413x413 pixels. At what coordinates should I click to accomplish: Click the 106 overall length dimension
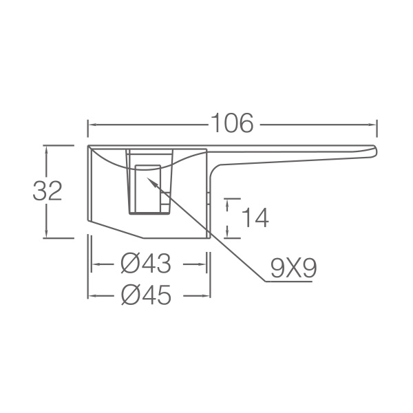(232, 123)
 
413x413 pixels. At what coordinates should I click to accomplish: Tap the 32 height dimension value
(47, 191)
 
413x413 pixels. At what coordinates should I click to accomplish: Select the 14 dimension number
(255, 218)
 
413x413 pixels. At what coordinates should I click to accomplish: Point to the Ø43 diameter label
(146, 264)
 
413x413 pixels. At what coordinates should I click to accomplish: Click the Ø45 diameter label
(146, 295)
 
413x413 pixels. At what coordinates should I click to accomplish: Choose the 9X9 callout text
(293, 268)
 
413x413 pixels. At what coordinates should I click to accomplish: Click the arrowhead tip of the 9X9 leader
(147, 178)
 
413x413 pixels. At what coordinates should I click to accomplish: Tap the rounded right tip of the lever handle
(376, 151)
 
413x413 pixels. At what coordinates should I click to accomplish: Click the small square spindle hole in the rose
(148, 189)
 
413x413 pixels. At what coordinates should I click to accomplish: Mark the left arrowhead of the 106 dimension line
(89, 125)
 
